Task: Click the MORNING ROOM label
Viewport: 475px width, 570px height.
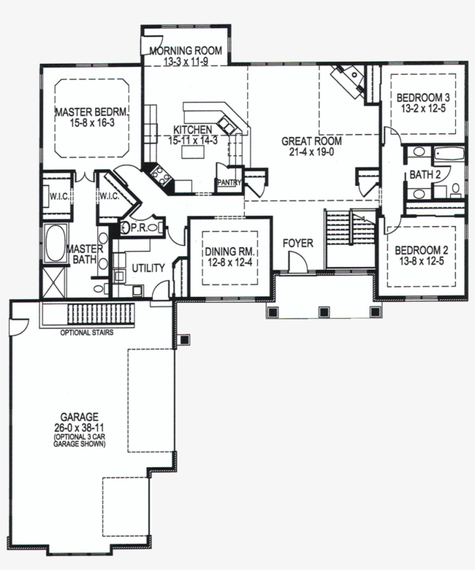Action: coord(185,50)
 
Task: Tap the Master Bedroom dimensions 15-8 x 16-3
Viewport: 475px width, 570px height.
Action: coord(92,123)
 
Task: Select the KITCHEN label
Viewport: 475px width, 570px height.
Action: coord(192,129)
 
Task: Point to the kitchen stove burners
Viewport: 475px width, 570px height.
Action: coord(160,175)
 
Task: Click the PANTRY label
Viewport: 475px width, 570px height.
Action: coord(229,183)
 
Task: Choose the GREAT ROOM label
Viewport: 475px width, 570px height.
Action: coord(312,141)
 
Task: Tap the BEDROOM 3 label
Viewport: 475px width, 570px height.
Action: coord(423,97)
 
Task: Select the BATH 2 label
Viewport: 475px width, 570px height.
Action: coord(425,175)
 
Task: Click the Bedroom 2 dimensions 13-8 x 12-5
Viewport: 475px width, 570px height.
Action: coord(421,261)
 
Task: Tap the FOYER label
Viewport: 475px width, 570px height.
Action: coord(298,243)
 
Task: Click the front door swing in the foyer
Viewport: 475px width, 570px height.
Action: coord(298,262)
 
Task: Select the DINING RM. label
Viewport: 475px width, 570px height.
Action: coord(231,252)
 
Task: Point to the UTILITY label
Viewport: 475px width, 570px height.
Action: coord(148,268)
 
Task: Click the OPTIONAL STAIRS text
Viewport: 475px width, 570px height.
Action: coord(87,332)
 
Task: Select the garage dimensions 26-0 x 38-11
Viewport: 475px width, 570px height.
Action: coord(79,426)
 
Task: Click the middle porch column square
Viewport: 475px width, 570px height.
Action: coord(324,311)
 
